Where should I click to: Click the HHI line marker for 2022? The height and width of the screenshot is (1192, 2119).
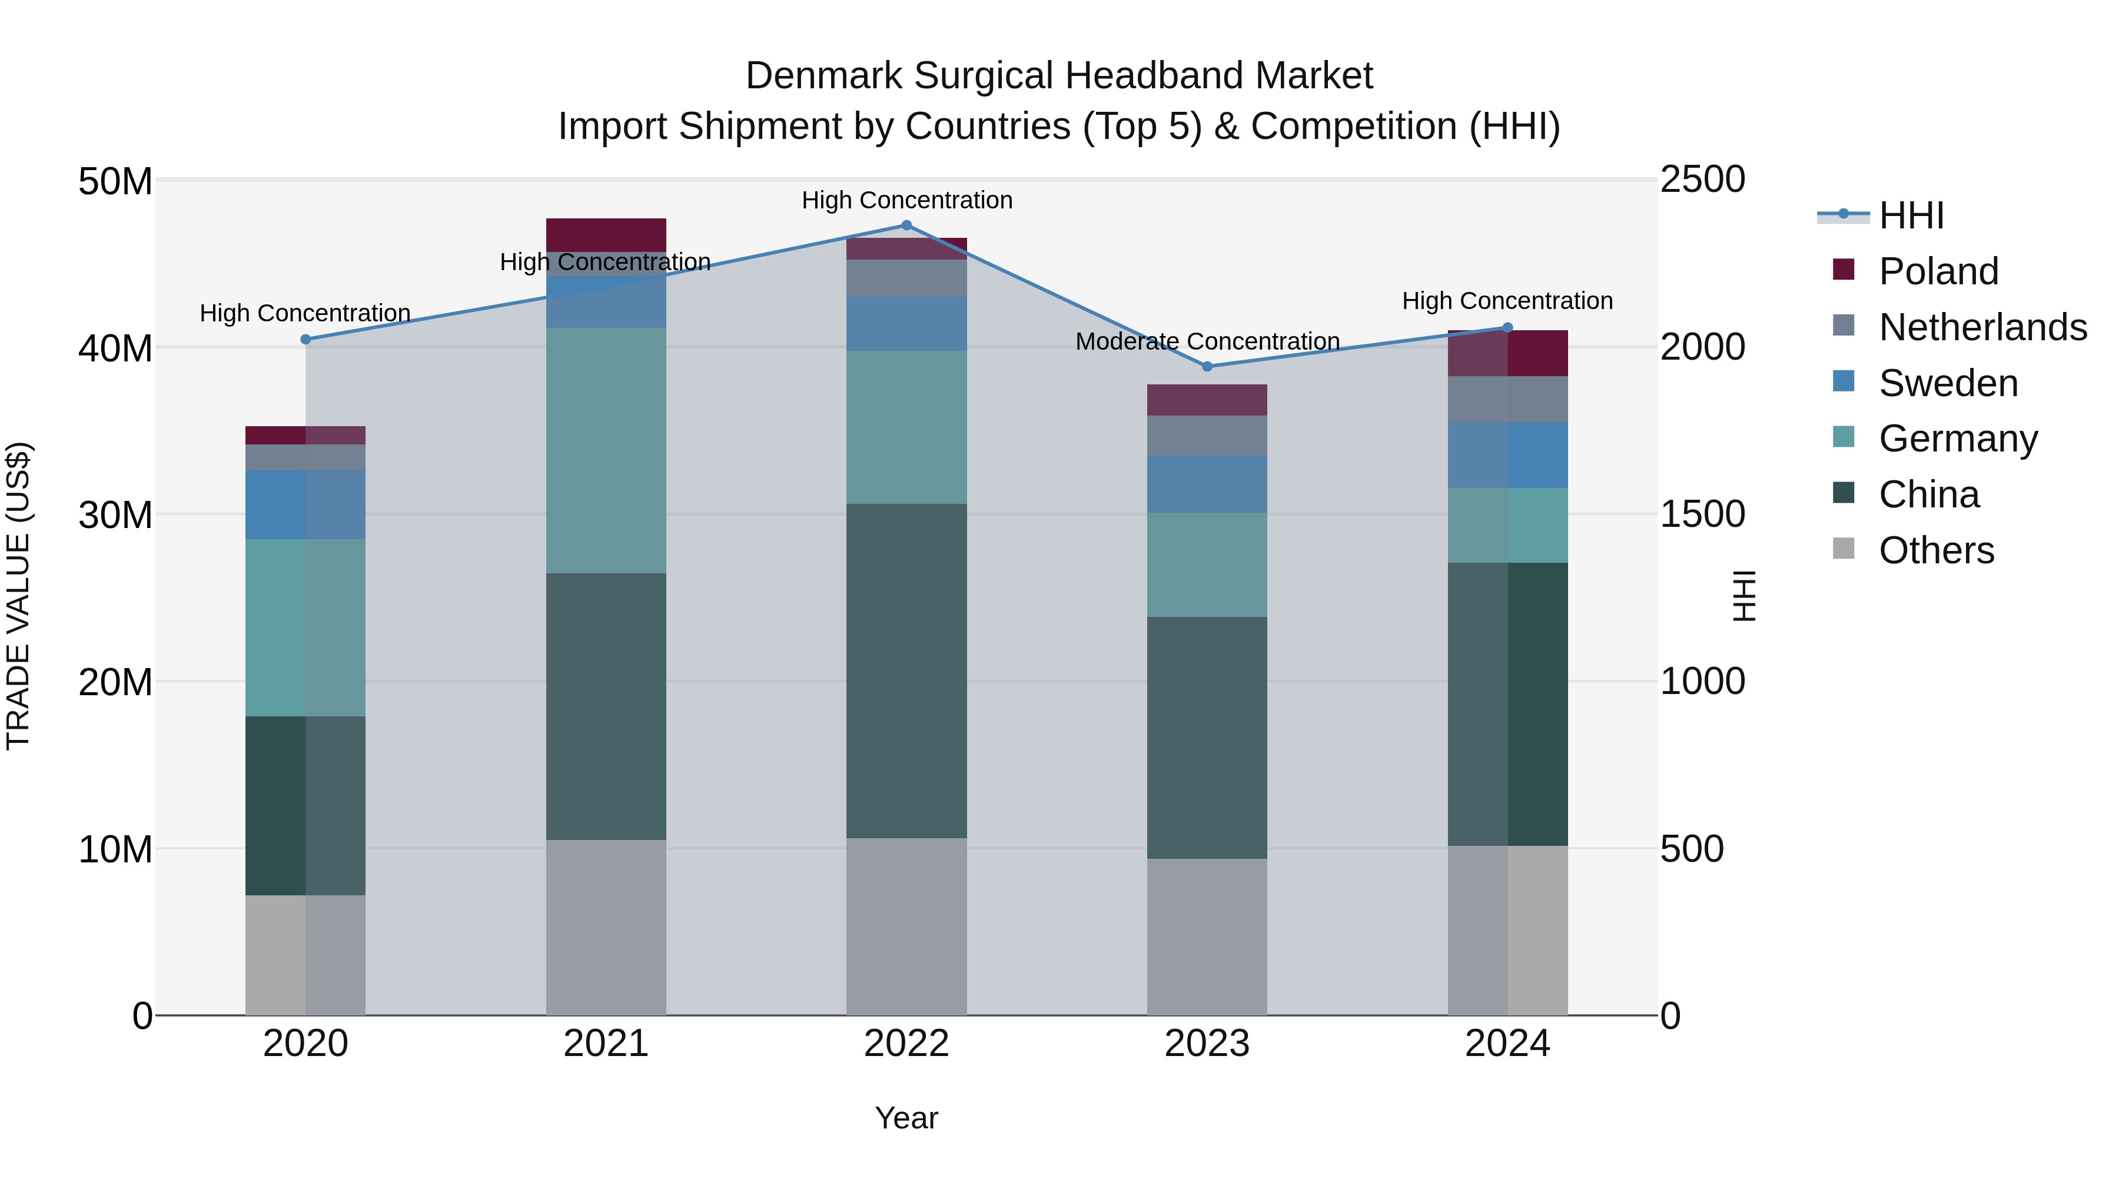[906, 225]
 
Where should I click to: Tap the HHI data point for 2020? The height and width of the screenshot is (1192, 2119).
[306, 339]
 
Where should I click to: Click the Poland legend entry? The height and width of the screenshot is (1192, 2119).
[1938, 271]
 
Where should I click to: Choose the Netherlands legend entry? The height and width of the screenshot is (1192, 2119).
[1982, 327]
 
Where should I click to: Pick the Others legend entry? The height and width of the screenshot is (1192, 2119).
[1937, 550]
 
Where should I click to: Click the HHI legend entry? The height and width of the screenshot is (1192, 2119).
[1911, 215]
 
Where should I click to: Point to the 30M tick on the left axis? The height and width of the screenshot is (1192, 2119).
[115, 516]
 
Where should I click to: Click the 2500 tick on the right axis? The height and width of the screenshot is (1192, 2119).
[1701, 180]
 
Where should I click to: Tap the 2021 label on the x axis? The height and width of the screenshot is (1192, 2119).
[606, 1044]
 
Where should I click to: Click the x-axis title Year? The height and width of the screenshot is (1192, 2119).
[906, 1118]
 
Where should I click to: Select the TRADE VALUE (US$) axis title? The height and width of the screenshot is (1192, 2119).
[18, 596]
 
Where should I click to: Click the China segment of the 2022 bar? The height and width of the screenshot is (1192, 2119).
[906, 670]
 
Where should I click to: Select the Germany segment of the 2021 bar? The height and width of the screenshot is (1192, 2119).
[606, 451]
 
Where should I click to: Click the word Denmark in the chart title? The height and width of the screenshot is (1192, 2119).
[825, 76]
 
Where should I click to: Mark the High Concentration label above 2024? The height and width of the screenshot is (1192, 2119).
[1507, 301]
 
